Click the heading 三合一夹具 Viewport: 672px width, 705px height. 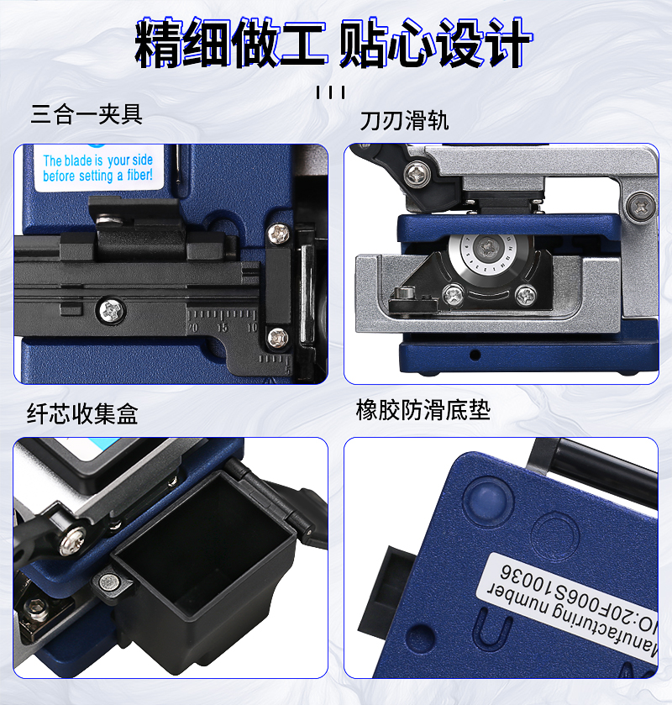(x=87, y=113)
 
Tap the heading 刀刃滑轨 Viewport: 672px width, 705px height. (x=404, y=120)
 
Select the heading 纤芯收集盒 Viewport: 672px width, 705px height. (x=82, y=413)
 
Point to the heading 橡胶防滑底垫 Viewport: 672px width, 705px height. (x=423, y=409)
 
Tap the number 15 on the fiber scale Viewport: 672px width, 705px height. (x=222, y=328)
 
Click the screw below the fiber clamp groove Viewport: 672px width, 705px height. (x=110, y=311)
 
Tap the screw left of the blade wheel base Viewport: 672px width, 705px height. (x=453, y=295)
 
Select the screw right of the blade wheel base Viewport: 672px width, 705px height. (x=525, y=295)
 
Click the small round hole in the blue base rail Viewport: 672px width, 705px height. (x=475, y=355)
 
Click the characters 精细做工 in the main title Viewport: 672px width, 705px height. (x=231, y=43)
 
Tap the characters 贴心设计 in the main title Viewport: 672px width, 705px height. (x=434, y=43)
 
